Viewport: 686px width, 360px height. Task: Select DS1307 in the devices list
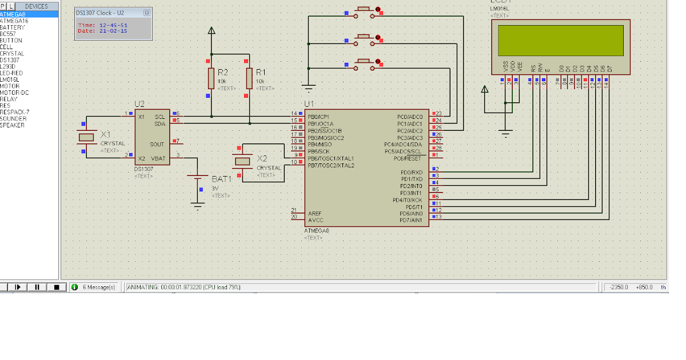[x=10, y=60]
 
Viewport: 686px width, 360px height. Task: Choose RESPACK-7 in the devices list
[x=15, y=112]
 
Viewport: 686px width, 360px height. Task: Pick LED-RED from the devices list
[x=11, y=73]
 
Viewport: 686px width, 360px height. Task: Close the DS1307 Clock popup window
[x=147, y=13]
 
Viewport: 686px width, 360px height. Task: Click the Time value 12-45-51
[x=113, y=25]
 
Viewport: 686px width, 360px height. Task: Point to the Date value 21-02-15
[x=113, y=31]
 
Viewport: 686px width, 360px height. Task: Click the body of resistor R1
[x=249, y=78]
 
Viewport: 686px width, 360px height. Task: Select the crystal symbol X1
[x=86, y=137]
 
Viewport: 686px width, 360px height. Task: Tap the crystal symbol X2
[x=242, y=162]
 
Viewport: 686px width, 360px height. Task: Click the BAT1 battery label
[x=221, y=179]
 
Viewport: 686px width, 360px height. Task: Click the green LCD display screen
[x=560, y=39]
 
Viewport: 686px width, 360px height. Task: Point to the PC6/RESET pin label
[x=408, y=158]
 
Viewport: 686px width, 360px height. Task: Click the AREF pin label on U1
[x=314, y=213]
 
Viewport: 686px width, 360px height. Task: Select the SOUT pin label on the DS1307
[x=157, y=145]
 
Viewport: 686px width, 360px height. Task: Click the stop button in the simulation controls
[x=56, y=287]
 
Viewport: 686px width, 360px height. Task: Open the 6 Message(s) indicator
[x=94, y=287]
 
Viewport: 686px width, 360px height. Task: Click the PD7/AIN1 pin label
[x=411, y=220]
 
